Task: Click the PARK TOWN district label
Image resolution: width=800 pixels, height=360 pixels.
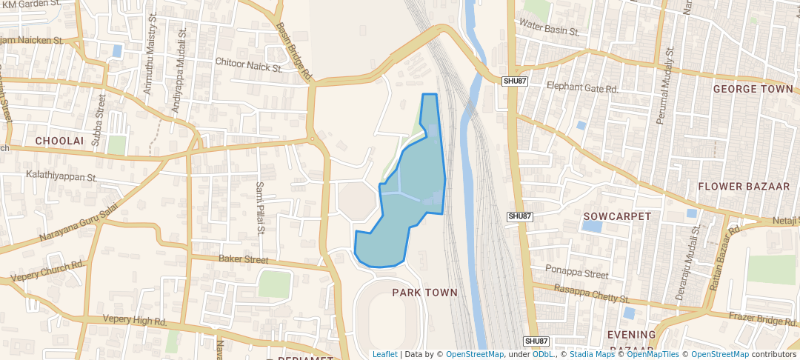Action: coord(424,293)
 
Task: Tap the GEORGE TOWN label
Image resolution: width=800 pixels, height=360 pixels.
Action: coord(753,89)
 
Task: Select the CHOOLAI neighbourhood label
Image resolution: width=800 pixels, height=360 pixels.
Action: coord(56,140)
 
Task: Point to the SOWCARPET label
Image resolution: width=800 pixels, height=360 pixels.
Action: coord(617,216)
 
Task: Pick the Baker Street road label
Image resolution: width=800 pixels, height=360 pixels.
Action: coord(243,259)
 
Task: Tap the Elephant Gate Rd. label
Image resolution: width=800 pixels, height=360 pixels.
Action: coord(582,88)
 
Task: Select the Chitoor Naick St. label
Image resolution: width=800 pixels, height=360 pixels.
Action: coord(249,66)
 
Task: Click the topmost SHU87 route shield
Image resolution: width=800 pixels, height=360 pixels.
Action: coord(514,81)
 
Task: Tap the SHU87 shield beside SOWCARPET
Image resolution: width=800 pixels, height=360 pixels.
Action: coord(520,216)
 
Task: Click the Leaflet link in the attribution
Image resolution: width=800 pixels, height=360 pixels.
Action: coord(384,354)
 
